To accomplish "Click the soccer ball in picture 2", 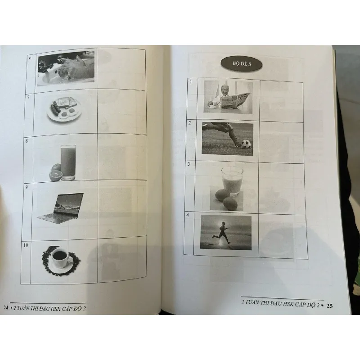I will click(x=245, y=144).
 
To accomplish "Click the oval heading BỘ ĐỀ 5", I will click(x=239, y=65).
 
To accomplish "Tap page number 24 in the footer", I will click(x=5, y=308).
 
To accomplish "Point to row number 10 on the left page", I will click(x=27, y=245).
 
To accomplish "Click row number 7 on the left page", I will click(x=28, y=97).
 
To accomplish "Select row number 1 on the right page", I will click(x=191, y=81).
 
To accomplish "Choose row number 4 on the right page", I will click(x=188, y=215).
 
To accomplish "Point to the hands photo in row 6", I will click(x=66, y=68).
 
